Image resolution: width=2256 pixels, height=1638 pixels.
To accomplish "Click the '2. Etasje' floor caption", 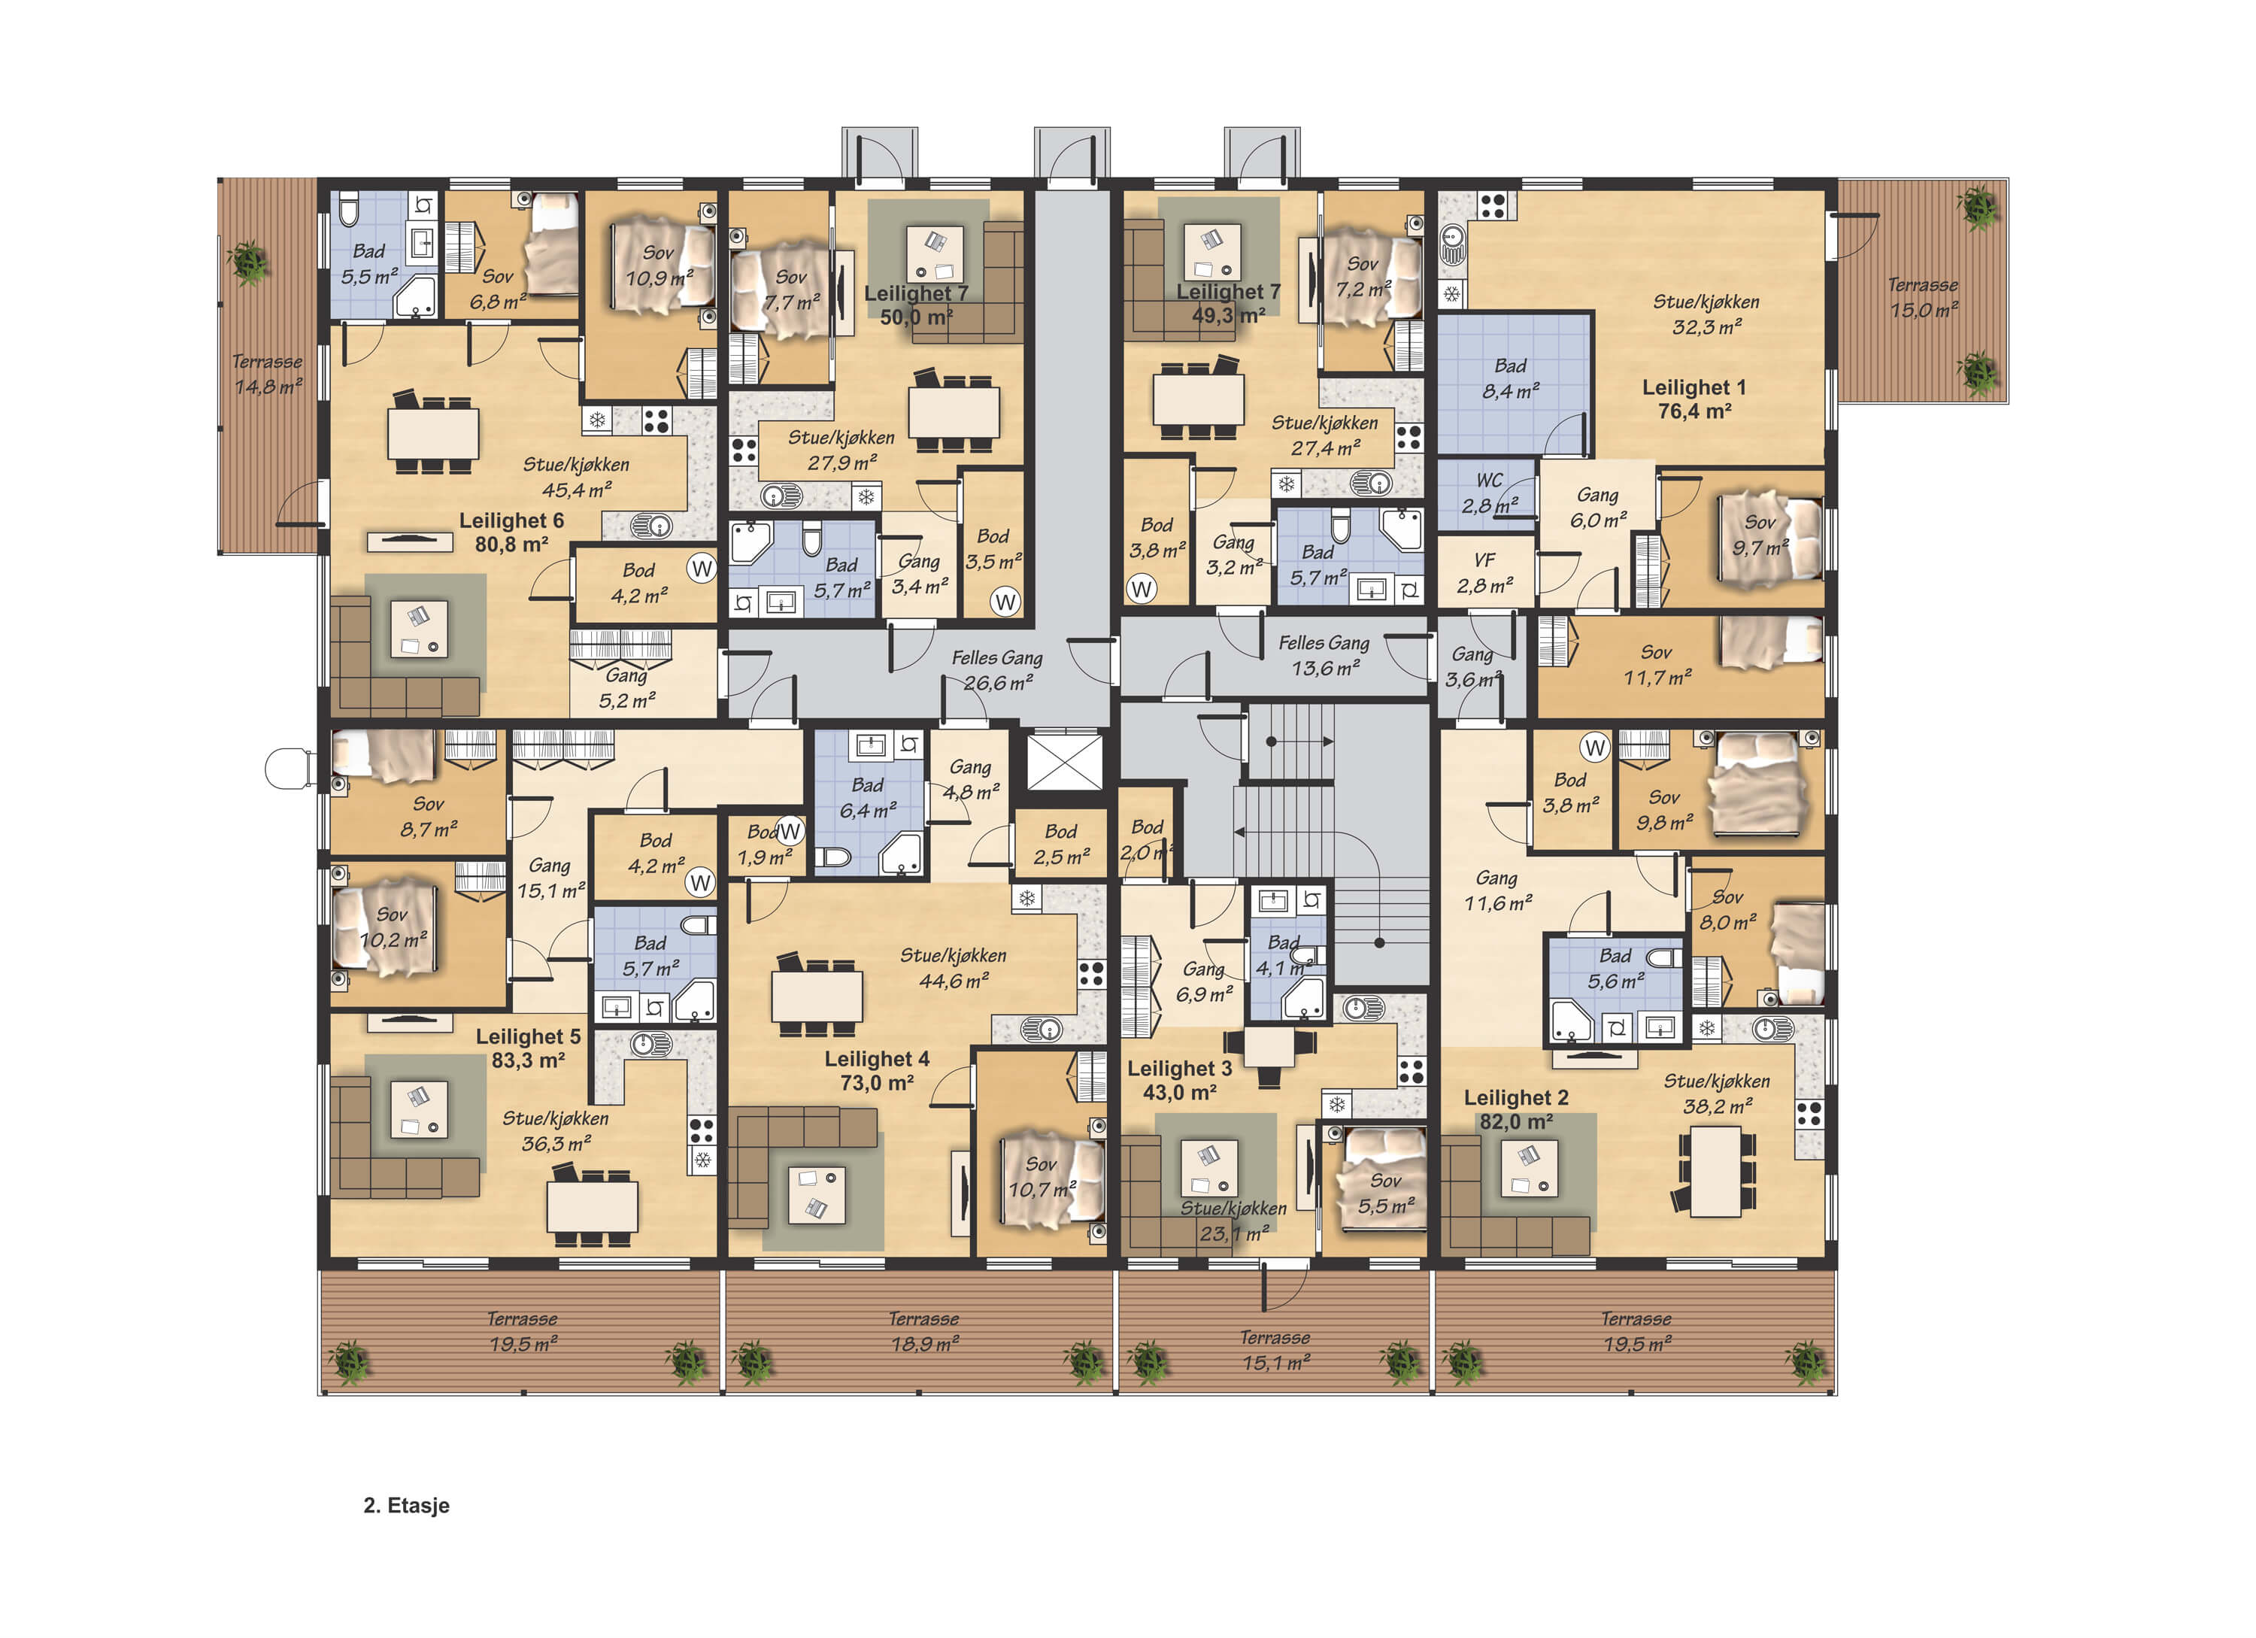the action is pyautogui.click(x=406, y=1505).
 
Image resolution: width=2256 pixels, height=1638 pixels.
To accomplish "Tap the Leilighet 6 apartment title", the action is pyautogui.click(x=511, y=532).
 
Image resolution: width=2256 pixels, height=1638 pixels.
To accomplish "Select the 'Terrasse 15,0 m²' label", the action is pyautogui.click(x=1923, y=297).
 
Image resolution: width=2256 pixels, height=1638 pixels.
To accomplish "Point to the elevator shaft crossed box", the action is pyautogui.click(x=1064, y=762).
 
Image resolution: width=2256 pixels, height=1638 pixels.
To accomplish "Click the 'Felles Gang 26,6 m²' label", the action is pyautogui.click(x=996, y=670).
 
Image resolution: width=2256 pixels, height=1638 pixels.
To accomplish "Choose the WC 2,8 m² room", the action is pyautogui.click(x=1488, y=493).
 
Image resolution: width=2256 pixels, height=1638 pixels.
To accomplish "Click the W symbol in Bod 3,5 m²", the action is pyautogui.click(x=1005, y=601).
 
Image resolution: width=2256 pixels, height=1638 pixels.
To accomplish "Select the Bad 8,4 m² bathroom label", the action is pyautogui.click(x=1510, y=379).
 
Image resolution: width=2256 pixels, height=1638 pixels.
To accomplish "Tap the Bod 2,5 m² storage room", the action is pyautogui.click(x=1060, y=843).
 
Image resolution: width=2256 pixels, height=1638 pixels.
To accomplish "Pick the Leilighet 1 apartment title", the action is pyautogui.click(x=1694, y=399).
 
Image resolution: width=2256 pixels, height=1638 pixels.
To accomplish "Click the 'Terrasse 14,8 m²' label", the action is pyautogui.click(x=266, y=374).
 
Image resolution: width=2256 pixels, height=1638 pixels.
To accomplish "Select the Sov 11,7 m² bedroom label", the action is pyautogui.click(x=1657, y=664).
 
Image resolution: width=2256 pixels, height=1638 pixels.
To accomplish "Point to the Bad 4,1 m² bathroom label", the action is pyautogui.click(x=1283, y=955).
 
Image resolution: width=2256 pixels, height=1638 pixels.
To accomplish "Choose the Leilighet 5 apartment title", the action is pyautogui.click(x=528, y=1048).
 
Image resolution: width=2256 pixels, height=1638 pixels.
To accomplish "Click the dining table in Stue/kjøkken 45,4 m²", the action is pyautogui.click(x=432, y=432).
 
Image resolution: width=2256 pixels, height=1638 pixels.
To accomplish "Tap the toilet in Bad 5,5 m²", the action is pyautogui.click(x=349, y=211).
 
